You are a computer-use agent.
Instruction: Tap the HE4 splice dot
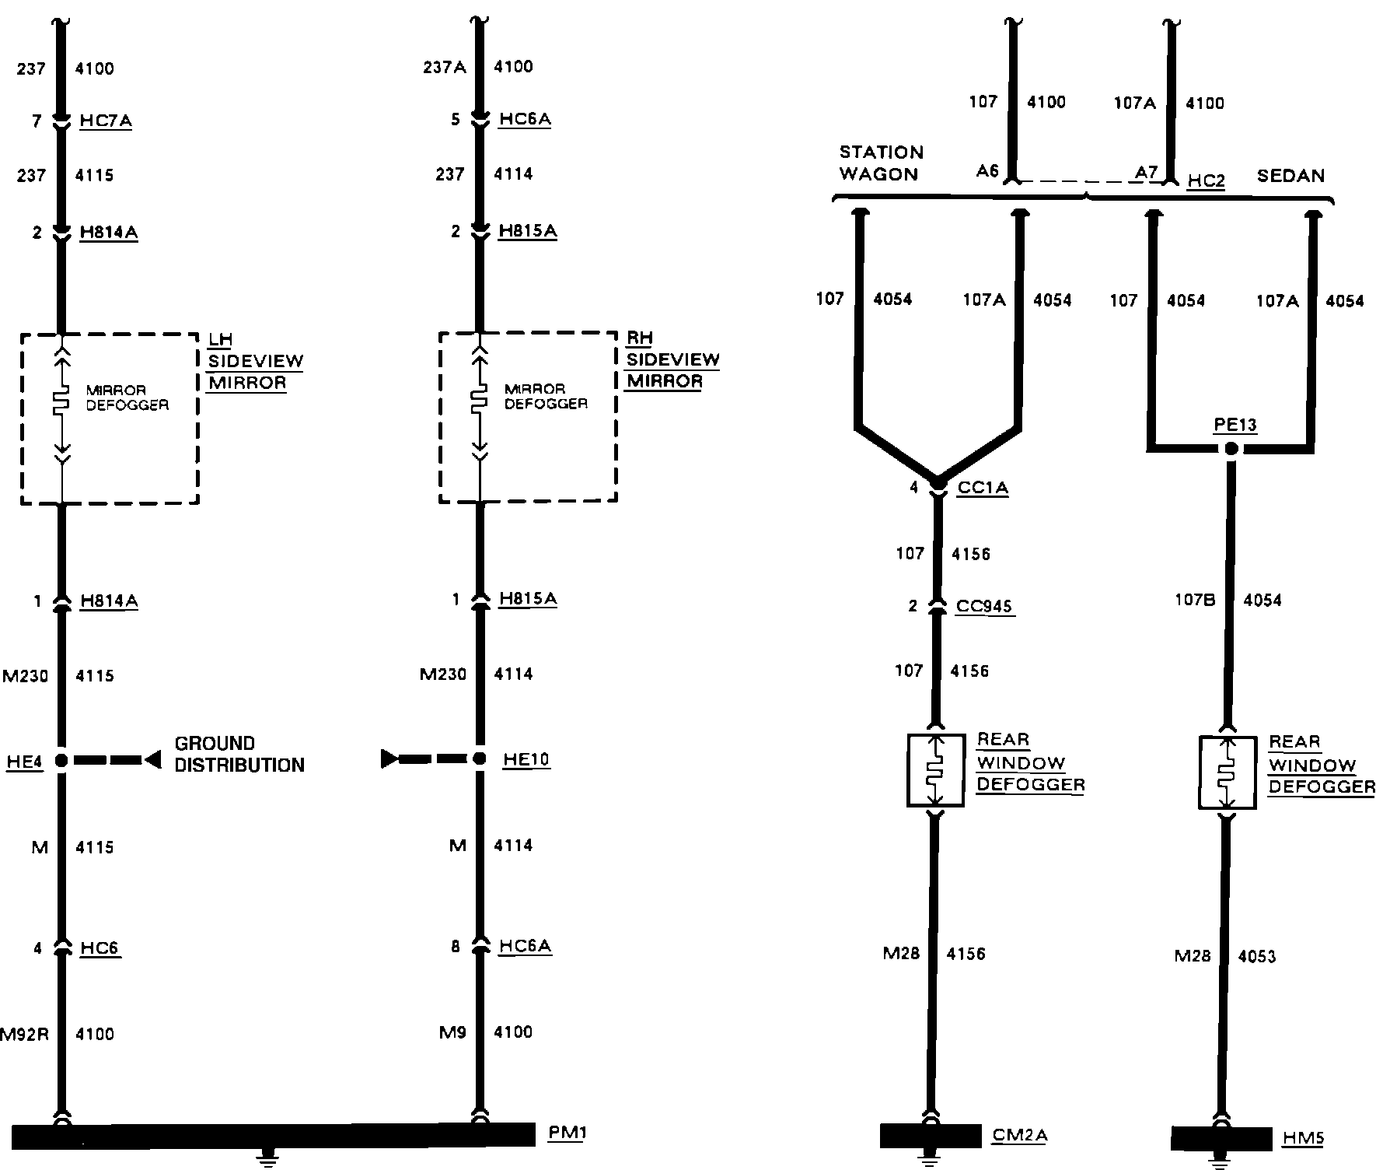[x=61, y=760]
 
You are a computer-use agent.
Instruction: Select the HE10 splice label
[x=526, y=759]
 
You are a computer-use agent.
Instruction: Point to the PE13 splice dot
[x=1231, y=449]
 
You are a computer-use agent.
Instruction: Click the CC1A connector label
[x=983, y=488]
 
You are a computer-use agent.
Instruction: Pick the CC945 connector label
[x=984, y=606]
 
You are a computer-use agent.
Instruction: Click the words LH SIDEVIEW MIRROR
[x=255, y=361]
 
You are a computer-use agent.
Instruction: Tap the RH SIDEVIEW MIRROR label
[x=672, y=359]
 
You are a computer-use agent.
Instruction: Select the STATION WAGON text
[x=881, y=163]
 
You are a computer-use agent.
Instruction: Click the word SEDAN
[x=1290, y=176]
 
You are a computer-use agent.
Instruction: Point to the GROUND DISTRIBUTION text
[x=239, y=754]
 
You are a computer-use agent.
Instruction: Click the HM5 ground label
[x=1302, y=1139]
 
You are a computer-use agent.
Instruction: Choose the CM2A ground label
[x=1019, y=1135]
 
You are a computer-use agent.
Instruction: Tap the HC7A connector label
[x=106, y=121]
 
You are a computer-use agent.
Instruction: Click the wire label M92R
[x=24, y=1034]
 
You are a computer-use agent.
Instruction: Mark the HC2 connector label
[x=1206, y=180]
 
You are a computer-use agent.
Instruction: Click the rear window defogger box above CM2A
[x=935, y=769]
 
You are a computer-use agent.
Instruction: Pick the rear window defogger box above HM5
[x=1227, y=772]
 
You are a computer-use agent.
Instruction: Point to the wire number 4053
[x=1256, y=956]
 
